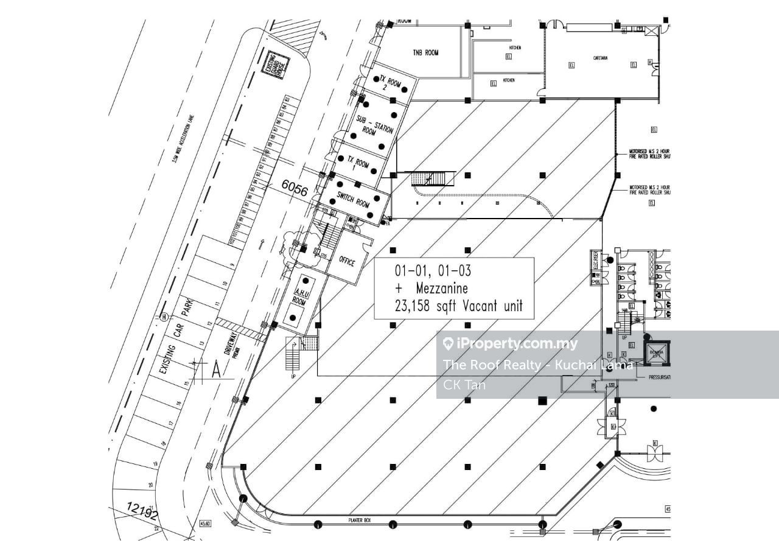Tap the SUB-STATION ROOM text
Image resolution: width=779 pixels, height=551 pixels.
coord(374,124)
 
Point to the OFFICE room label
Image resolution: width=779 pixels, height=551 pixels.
coord(347,262)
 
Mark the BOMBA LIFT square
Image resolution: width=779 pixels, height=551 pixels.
coord(657,354)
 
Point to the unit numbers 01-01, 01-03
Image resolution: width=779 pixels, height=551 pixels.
coord(433,270)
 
